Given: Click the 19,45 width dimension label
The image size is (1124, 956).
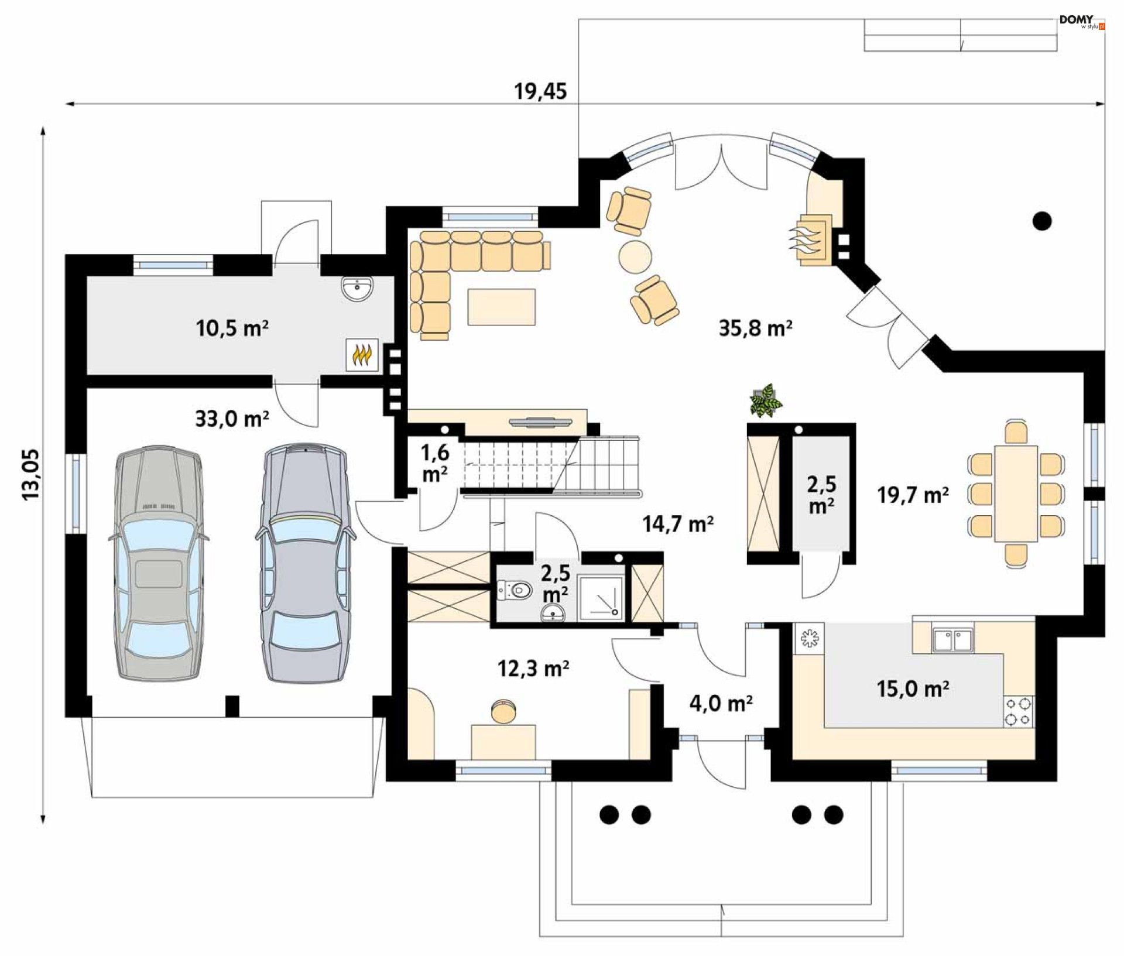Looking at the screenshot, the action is point(540,91).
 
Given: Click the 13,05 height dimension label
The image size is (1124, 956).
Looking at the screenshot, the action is point(31,474).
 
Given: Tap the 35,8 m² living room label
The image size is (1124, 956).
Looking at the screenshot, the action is point(755,328).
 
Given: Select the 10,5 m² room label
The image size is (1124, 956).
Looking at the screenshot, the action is point(232,328).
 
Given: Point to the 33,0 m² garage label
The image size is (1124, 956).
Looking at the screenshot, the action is point(232,419).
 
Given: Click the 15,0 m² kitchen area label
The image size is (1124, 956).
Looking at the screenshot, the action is point(913,688).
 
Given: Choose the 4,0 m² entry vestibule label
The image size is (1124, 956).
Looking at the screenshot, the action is point(721,703).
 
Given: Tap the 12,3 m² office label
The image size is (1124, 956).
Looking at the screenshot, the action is point(533,668).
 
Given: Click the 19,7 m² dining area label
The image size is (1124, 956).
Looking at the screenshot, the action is point(913,495).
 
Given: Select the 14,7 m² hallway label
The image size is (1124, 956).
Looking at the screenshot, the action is point(678,523).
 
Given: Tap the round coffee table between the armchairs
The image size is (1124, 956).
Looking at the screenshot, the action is point(635,256).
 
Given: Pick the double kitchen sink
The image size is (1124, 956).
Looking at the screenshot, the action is point(952,640).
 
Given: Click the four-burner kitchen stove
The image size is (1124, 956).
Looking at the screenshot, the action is point(1018,711).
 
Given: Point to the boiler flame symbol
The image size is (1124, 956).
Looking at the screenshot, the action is point(362,354).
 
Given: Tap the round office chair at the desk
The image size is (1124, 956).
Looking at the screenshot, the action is point(503,711).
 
